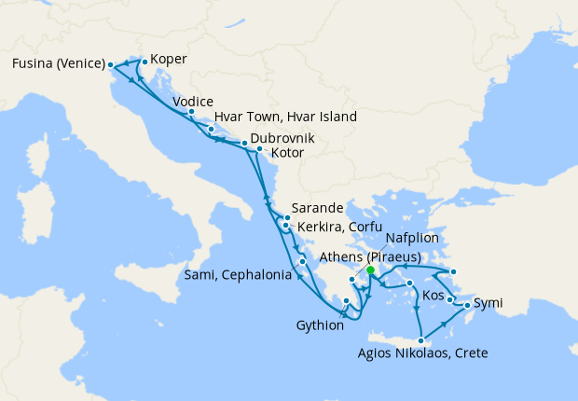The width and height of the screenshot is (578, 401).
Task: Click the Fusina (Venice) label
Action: (x=58, y=64)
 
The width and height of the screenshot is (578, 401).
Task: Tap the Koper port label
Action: (x=169, y=60)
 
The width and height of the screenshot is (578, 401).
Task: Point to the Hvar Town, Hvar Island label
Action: (x=285, y=118)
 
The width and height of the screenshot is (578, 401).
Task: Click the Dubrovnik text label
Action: (x=282, y=138)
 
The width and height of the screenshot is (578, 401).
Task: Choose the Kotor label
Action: (x=288, y=152)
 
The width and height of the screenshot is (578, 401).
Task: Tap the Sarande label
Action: (x=318, y=208)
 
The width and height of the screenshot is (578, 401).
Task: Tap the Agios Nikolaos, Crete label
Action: (x=422, y=353)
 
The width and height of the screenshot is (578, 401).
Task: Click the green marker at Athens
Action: (x=370, y=270)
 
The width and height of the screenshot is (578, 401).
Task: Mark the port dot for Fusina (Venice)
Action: (x=111, y=64)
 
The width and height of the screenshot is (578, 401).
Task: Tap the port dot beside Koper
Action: (x=144, y=61)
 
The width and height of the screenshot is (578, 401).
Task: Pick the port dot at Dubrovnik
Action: (x=244, y=144)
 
